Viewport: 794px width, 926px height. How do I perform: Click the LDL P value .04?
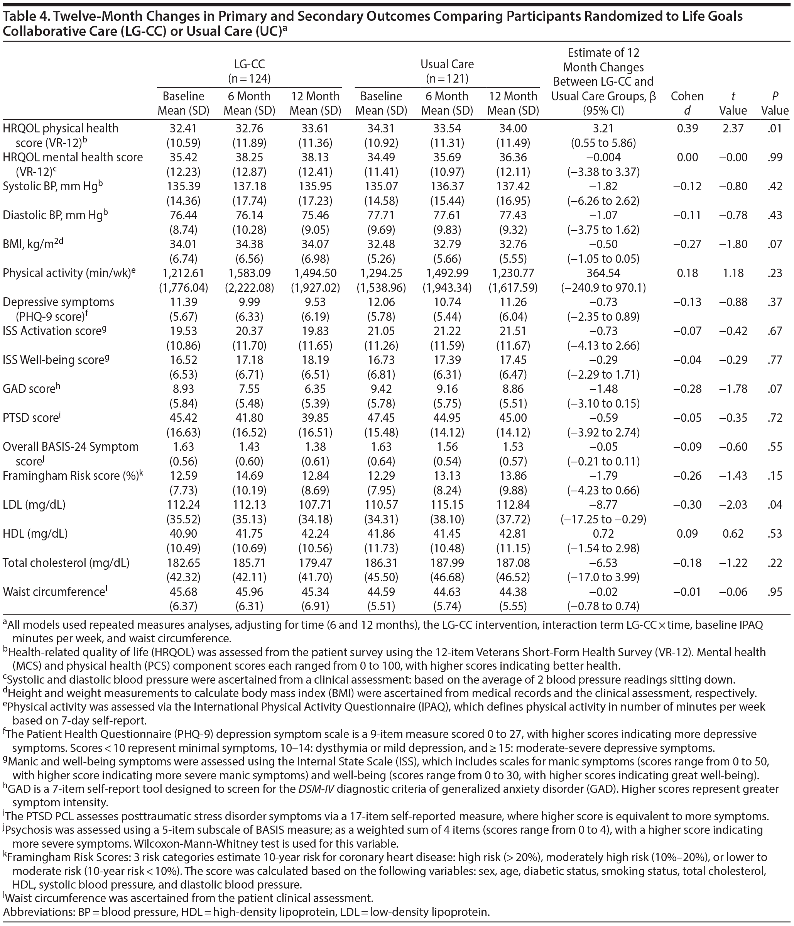click(x=775, y=505)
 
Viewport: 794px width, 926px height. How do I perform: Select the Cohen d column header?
click(x=687, y=103)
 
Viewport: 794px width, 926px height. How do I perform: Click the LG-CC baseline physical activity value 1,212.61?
click(x=183, y=273)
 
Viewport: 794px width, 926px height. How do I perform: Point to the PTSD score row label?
click(x=31, y=418)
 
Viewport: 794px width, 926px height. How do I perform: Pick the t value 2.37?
click(x=733, y=128)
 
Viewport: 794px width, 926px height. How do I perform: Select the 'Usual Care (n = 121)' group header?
click(x=447, y=71)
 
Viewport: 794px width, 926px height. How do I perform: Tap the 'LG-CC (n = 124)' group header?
click(x=249, y=71)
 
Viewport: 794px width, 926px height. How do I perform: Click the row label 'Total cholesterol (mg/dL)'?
click(x=66, y=563)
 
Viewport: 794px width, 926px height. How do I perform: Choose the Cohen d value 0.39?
click(x=687, y=128)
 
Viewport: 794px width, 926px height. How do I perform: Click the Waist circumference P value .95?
click(x=775, y=592)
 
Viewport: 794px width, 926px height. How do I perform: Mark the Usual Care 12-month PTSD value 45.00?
click(x=513, y=418)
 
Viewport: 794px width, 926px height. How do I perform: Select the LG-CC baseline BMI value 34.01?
click(x=183, y=244)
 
